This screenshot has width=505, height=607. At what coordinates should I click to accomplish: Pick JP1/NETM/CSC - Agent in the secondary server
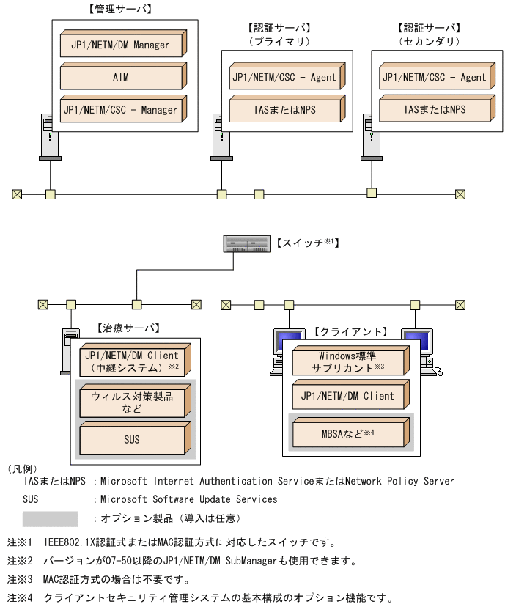[433, 78]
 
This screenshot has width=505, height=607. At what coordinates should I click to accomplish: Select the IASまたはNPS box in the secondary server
[433, 110]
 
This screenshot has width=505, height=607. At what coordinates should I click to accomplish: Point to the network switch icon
[247, 243]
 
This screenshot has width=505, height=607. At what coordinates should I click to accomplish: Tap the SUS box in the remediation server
[133, 440]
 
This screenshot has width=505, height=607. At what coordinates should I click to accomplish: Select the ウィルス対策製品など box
[133, 402]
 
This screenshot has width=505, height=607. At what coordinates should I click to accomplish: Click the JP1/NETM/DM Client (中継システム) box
[133, 361]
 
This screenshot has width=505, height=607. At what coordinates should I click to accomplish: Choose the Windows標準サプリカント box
[348, 361]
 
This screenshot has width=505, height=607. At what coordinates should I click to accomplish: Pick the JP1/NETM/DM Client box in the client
[348, 397]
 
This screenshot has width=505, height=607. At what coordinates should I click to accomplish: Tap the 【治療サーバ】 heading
[128, 328]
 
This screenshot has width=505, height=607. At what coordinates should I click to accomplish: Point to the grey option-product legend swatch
[50, 519]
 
